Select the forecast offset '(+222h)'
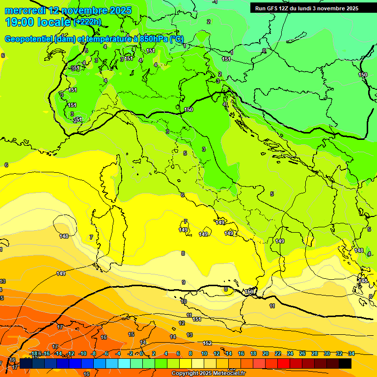point(88,22)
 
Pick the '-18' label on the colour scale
point(34,353)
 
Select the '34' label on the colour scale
point(351,353)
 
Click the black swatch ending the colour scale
point(345,363)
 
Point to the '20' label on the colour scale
point(266,353)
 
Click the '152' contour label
point(208,343)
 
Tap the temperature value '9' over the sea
point(184,282)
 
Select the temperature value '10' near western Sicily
point(184,301)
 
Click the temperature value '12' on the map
point(182,323)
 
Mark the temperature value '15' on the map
point(131,334)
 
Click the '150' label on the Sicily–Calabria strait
point(249,292)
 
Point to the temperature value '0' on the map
point(264,51)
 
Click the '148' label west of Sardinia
point(64,236)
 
